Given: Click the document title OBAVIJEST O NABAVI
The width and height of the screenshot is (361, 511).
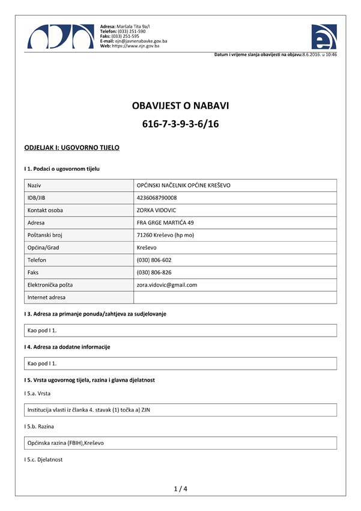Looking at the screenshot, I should click(x=180, y=106).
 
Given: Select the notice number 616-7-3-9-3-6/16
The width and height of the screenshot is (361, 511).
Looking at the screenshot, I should click(x=180, y=124).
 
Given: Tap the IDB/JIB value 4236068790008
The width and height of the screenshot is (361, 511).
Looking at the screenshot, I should click(x=157, y=198).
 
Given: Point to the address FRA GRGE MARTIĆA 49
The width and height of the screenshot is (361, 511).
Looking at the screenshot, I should click(x=166, y=222).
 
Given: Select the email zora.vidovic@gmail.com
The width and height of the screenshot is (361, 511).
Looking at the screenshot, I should click(x=167, y=285).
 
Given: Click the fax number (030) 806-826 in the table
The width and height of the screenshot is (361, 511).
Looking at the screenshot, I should click(x=154, y=272).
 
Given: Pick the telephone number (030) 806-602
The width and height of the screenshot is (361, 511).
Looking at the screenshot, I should click(x=154, y=260).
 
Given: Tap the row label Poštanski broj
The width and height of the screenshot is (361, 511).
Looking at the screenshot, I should click(x=47, y=235).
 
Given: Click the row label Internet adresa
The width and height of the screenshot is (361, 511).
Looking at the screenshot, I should click(x=47, y=298).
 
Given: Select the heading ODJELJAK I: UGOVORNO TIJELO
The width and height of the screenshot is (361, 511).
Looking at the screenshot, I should click(x=71, y=147).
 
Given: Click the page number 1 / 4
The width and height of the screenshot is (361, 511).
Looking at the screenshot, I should click(x=180, y=489).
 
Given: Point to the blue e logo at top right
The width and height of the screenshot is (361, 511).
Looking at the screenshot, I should click(x=324, y=38).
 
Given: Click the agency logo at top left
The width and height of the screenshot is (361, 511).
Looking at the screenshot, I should click(x=60, y=37).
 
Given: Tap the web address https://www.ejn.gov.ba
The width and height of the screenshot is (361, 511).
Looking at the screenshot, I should click(x=138, y=46).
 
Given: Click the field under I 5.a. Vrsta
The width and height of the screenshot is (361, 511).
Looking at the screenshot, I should click(x=180, y=409).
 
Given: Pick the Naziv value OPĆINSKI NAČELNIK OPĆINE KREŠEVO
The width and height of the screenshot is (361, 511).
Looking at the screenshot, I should click(x=184, y=185).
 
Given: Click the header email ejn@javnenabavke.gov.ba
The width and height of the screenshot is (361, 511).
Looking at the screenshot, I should click(x=140, y=41).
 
